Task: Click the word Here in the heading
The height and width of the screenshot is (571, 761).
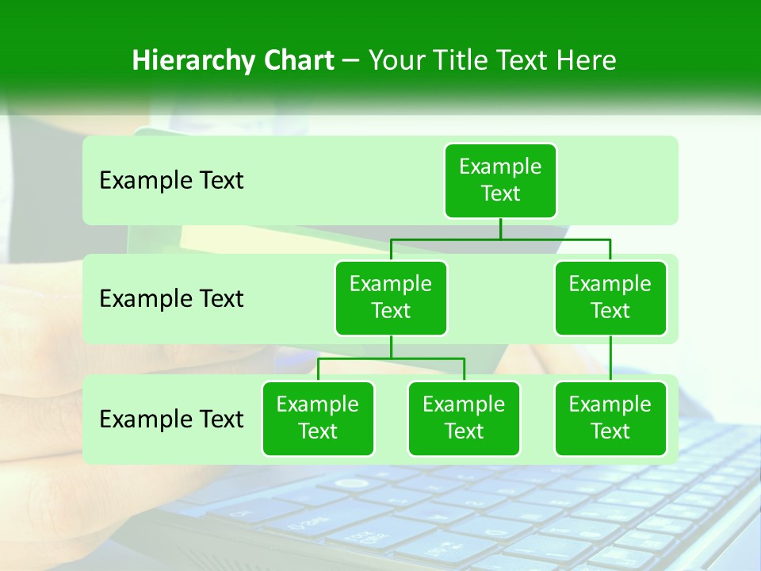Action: point(586,60)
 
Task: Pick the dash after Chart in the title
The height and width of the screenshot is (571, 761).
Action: point(351,62)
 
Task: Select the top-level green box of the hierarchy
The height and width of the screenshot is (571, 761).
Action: point(500,181)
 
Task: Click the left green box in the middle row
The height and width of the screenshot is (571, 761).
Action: point(391,298)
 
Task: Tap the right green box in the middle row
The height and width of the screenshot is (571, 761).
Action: point(610,298)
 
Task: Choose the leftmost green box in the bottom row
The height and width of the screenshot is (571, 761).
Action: point(318,419)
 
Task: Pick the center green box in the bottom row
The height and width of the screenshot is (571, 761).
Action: point(464,419)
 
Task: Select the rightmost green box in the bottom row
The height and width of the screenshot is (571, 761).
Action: point(610,419)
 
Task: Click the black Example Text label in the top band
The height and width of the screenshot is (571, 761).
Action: point(171,181)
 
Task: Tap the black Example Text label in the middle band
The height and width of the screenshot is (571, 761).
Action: point(171,299)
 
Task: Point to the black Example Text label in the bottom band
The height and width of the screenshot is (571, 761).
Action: point(171,419)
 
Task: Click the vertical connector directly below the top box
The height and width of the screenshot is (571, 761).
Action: point(500,228)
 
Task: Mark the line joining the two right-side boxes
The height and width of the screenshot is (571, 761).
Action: point(610,358)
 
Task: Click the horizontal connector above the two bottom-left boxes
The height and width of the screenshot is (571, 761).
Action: point(391,358)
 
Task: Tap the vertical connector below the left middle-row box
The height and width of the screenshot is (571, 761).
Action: point(391,347)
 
